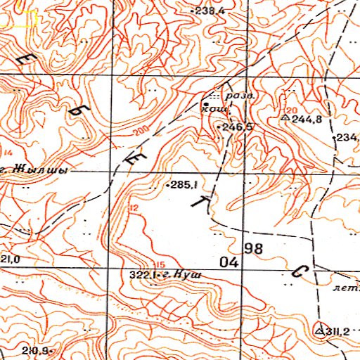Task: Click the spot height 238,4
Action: [210, 11]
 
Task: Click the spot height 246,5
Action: [237, 127]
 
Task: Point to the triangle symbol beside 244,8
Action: [285, 119]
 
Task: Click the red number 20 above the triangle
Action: [292, 111]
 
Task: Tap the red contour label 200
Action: [138, 132]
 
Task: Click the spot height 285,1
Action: [181, 186]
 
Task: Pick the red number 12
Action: [133, 207]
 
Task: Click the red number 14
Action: [8, 152]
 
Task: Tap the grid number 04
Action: [229, 262]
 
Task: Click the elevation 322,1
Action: [143, 275]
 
